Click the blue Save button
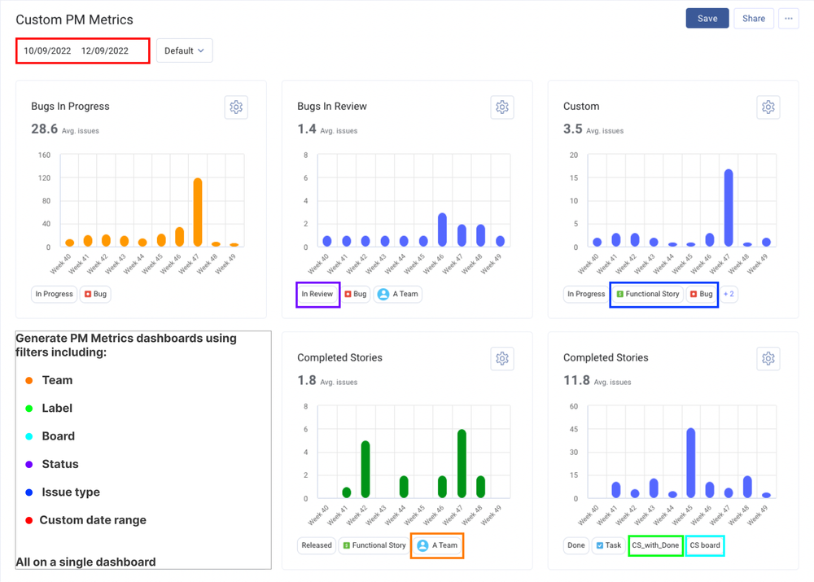(x=707, y=18)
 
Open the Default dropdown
(x=184, y=50)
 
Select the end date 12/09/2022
(x=105, y=50)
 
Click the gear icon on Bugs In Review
(x=502, y=107)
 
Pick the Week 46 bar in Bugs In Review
(x=442, y=230)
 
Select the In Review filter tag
(x=317, y=294)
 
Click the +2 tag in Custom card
(x=729, y=294)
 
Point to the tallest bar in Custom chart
(x=729, y=207)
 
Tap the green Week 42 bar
(x=365, y=469)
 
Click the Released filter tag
(x=317, y=545)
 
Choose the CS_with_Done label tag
(x=655, y=545)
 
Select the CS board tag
(x=705, y=545)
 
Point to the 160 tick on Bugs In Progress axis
(x=43, y=155)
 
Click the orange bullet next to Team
(x=29, y=380)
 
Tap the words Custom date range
(x=93, y=520)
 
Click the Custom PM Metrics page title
(x=74, y=19)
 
